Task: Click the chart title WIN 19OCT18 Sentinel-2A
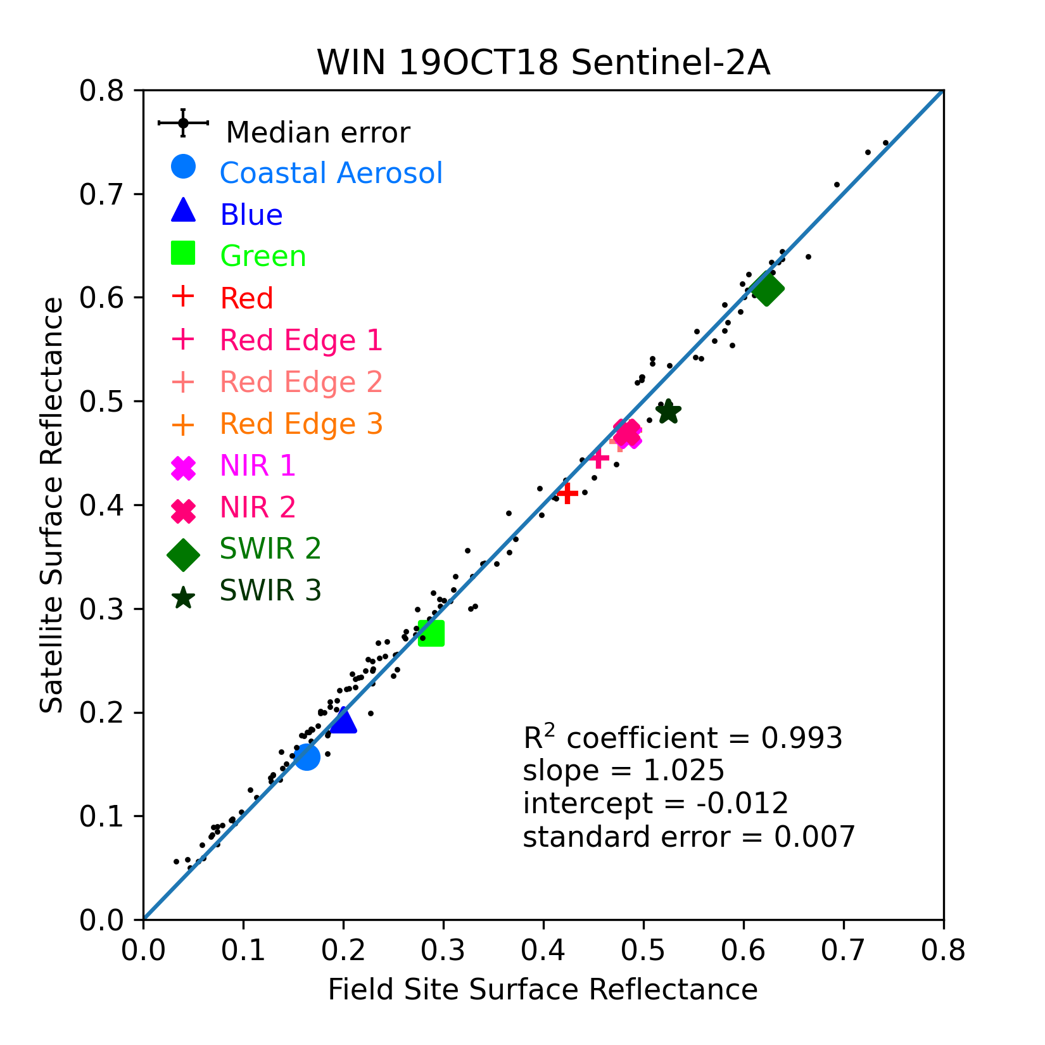(543, 63)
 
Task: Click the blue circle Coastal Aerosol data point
(307, 757)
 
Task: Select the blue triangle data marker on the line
(343, 720)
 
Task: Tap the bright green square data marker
(431, 633)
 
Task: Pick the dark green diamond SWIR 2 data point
(767, 289)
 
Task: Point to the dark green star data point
(668, 412)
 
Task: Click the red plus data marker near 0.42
(567, 492)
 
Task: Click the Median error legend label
(318, 133)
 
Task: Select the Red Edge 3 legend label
(301, 424)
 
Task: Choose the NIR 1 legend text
(258, 466)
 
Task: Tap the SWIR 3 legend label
(270, 590)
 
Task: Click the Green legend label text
(263, 256)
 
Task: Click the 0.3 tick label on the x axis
(443, 951)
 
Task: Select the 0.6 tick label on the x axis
(744, 951)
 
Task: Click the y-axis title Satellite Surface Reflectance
(52, 505)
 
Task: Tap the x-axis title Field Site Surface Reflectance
(543, 990)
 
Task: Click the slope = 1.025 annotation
(624, 771)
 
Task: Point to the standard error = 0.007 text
(689, 837)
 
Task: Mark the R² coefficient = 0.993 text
(683, 737)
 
